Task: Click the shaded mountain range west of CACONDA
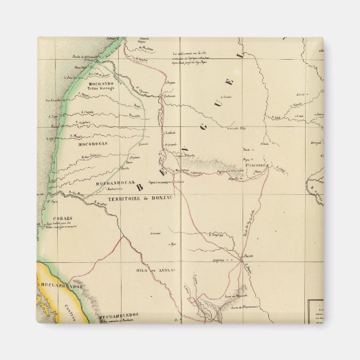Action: tap(204, 162)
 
